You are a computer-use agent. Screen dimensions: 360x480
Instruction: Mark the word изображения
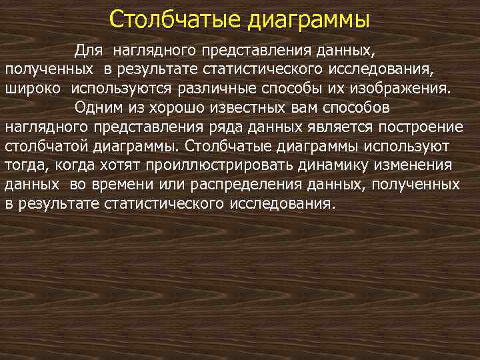pos(407,88)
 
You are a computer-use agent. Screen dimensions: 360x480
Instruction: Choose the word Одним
pos(96,107)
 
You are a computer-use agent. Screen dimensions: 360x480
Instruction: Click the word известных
pos(231,107)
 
